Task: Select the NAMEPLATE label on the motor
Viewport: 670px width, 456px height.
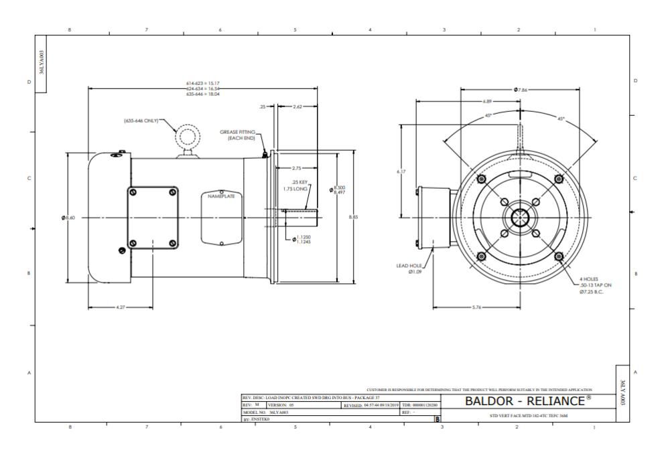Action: [221, 197]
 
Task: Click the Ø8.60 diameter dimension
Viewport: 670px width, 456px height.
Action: [67, 217]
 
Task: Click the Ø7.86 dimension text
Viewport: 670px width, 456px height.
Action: [521, 89]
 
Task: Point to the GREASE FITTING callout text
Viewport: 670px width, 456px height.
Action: [239, 135]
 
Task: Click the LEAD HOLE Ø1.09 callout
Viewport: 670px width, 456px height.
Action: [411, 269]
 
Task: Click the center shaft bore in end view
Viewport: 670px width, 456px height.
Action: [521, 217]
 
